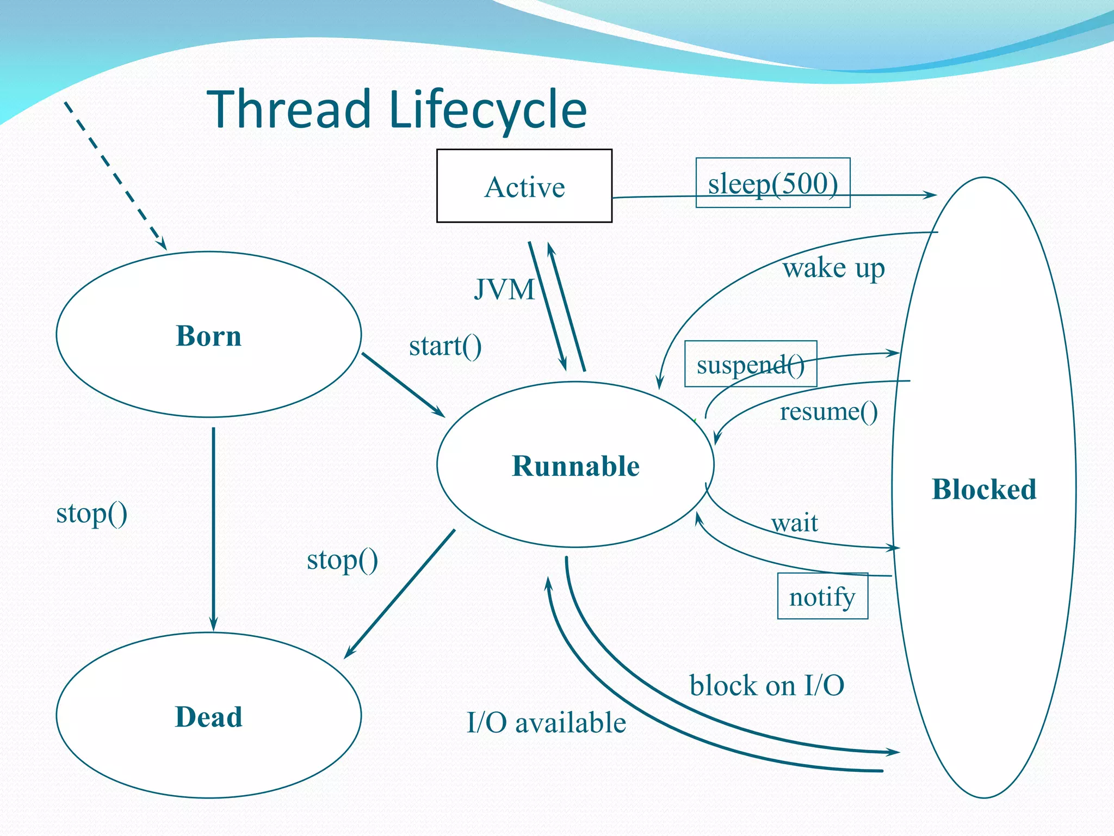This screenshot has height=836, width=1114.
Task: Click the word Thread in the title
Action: (289, 110)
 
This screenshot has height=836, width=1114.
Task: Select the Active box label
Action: (524, 187)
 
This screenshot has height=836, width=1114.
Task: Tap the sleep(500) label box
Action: (772, 183)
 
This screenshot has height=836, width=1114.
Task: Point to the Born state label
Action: (208, 335)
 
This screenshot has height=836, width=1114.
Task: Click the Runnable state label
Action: (575, 466)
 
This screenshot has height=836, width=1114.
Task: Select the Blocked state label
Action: (983, 489)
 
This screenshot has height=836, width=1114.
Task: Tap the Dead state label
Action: (208, 716)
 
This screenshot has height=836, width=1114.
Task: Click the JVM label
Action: (504, 289)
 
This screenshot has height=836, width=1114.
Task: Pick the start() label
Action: (445, 346)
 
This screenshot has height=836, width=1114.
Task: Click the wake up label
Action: (833, 268)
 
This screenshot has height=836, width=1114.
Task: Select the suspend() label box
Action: (750, 364)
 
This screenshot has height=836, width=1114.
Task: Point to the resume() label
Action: (828, 411)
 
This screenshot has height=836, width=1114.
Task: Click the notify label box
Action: (822, 597)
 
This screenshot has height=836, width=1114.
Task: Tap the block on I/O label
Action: (766, 685)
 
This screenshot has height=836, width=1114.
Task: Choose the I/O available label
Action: (546, 723)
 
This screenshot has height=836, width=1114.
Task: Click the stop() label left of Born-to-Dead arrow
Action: (91, 513)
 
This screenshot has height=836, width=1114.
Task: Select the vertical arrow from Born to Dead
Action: (213, 528)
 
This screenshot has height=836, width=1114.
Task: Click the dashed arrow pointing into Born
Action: (114, 174)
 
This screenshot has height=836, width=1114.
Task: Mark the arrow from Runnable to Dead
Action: (400, 594)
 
